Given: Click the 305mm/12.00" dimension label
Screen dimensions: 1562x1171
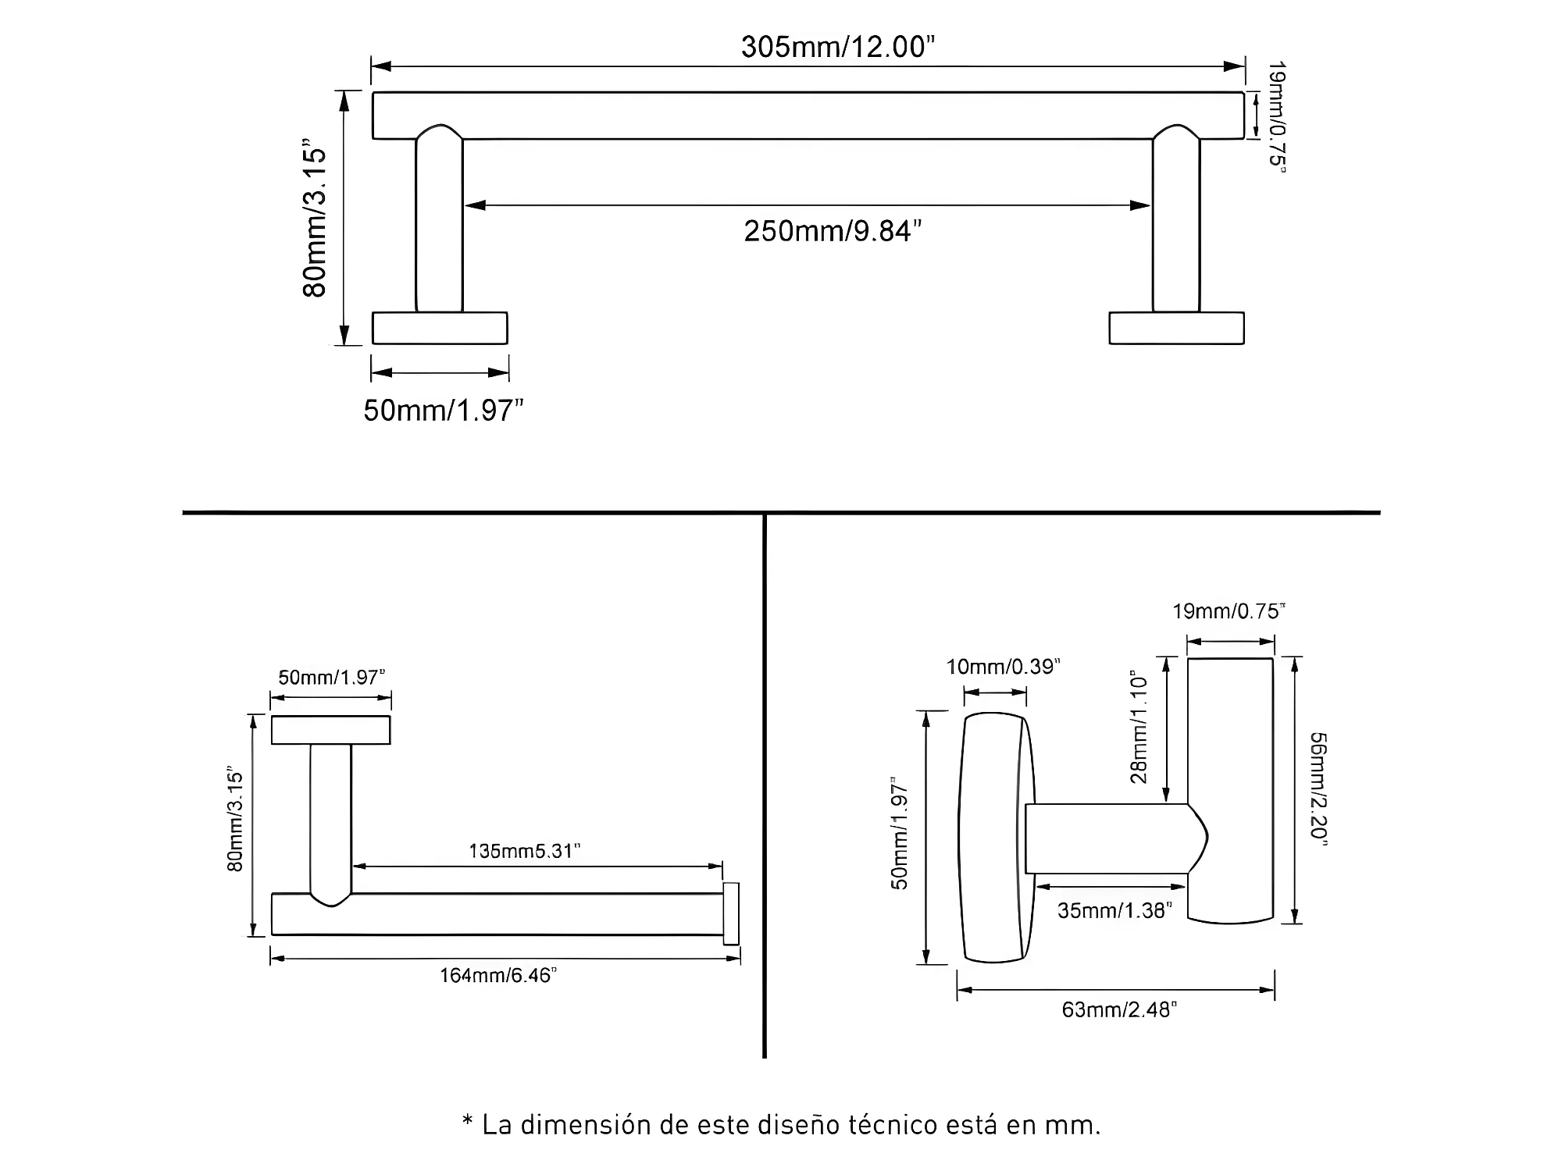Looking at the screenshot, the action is (838, 47).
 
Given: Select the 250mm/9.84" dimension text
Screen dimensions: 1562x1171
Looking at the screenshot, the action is (833, 231).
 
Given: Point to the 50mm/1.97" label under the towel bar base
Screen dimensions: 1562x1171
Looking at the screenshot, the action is (443, 410).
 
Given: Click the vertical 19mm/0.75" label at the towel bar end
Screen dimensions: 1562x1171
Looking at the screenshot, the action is (1276, 117).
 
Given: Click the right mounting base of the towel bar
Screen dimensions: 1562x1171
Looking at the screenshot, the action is (1176, 328).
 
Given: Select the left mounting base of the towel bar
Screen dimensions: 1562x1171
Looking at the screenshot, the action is (440, 328).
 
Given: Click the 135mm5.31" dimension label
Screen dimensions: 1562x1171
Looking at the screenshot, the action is (525, 850).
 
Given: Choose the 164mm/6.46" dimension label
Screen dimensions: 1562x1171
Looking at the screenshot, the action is (498, 975).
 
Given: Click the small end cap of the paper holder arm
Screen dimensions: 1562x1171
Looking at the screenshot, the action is (731, 913).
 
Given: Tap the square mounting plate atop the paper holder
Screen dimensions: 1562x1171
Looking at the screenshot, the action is (330, 730).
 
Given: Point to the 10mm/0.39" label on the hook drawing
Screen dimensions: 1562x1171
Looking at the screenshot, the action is (1004, 667).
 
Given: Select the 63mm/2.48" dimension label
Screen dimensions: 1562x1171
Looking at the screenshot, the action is (1119, 1009).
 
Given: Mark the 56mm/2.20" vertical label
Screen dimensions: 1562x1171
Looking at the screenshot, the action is (1318, 788).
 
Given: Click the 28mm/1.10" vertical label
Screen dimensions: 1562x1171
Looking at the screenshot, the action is (1139, 726).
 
